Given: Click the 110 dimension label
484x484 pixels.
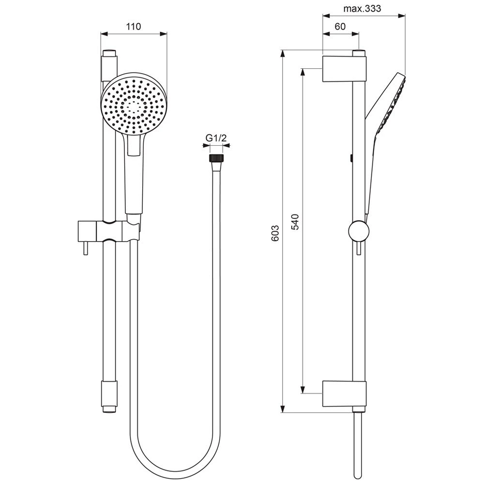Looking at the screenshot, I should pos(133,27).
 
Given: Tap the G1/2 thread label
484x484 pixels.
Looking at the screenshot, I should pos(216,138).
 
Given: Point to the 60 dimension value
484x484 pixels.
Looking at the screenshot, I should pos(340,27).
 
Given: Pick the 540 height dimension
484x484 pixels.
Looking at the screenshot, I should pos(296,221).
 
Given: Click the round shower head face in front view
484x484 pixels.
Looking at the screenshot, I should pos(134,103).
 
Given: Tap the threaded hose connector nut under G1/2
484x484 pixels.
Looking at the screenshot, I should pos(216,158).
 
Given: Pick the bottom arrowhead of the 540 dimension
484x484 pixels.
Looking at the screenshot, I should pos(303,390).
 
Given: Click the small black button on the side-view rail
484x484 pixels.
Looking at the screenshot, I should pos(350,157).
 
